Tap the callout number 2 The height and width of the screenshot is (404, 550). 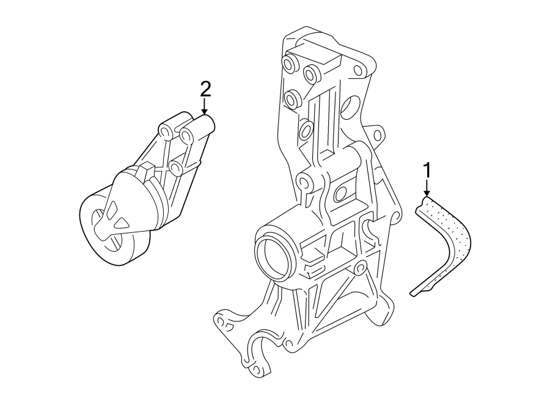205,90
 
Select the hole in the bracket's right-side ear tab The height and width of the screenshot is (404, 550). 377,134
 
